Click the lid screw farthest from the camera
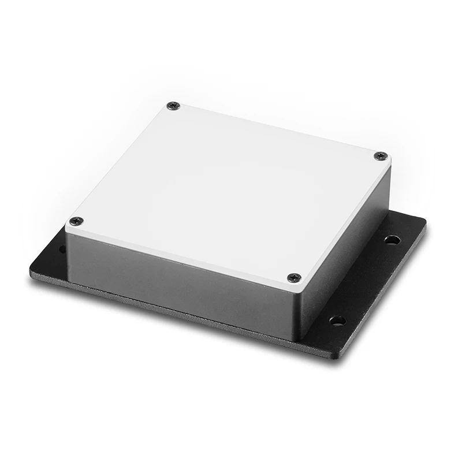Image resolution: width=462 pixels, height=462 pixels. coord(173,106)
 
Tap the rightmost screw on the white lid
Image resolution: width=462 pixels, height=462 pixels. coord(381,156)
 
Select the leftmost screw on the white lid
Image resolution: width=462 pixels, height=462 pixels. coord(76,221)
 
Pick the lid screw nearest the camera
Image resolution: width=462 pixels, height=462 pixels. coord(294,278)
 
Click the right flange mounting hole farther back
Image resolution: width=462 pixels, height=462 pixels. coord(392,239)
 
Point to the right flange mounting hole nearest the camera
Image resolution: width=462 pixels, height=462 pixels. coord(337,320)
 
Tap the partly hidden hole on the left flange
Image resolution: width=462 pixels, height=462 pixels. coord(62,249)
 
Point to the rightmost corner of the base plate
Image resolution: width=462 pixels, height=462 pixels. coord(424,222)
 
